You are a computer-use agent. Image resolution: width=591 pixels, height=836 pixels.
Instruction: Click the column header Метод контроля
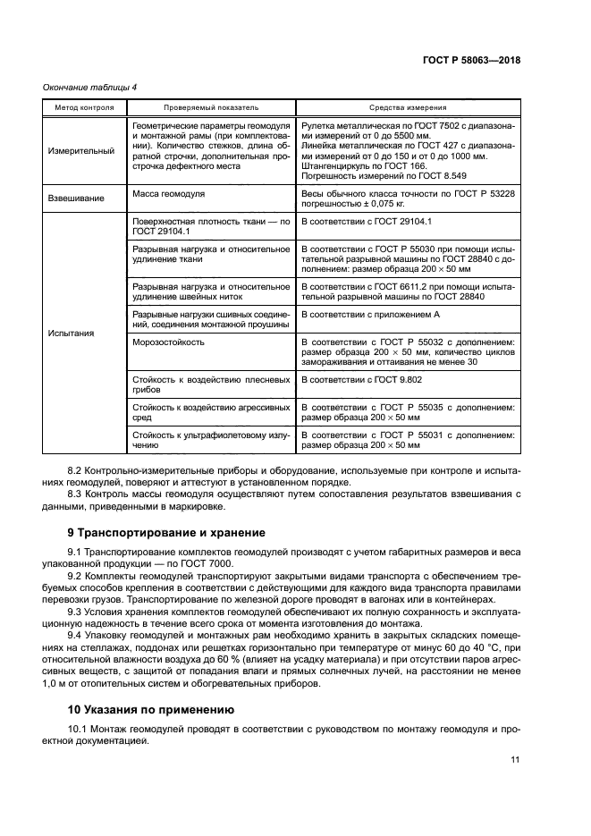coord(78,106)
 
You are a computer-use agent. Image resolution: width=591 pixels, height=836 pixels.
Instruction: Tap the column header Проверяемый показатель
coord(209,106)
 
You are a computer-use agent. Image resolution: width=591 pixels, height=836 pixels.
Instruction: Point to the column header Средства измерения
coord(408,106)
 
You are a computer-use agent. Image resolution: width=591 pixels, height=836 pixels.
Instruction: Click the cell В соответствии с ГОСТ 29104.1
coord(367,220)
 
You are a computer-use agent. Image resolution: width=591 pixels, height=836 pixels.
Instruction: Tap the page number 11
coord(515,760)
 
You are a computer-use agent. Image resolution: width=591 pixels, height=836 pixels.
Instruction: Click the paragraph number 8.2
coord(77,469)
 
